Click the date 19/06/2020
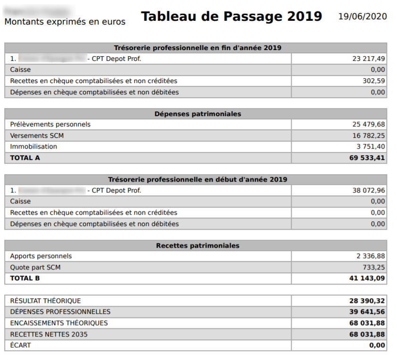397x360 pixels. tap(363, 17)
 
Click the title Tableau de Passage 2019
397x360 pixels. tap(231, 17)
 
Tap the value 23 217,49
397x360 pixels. tap(369, 59)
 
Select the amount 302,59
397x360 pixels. tap(374, 81)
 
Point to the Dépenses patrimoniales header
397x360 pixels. tap(198, 114)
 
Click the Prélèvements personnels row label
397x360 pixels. tap(50, 125)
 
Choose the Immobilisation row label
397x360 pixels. tap(34, 147)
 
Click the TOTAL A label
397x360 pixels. tap(25, 158)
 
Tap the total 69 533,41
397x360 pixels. tap(367, 158)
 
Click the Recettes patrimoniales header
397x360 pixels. tap(198, 246)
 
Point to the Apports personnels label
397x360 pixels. tap(41, 256)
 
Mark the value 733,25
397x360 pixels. tap(374, 268)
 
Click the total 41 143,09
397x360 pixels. tap(367, 278)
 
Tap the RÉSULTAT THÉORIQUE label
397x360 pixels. tap(45, 301)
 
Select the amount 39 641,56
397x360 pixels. tap(367, 312)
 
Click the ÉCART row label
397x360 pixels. tap(20, 345)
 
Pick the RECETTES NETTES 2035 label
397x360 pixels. tap(49, 335)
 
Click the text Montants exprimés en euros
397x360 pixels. tap(65, 22)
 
